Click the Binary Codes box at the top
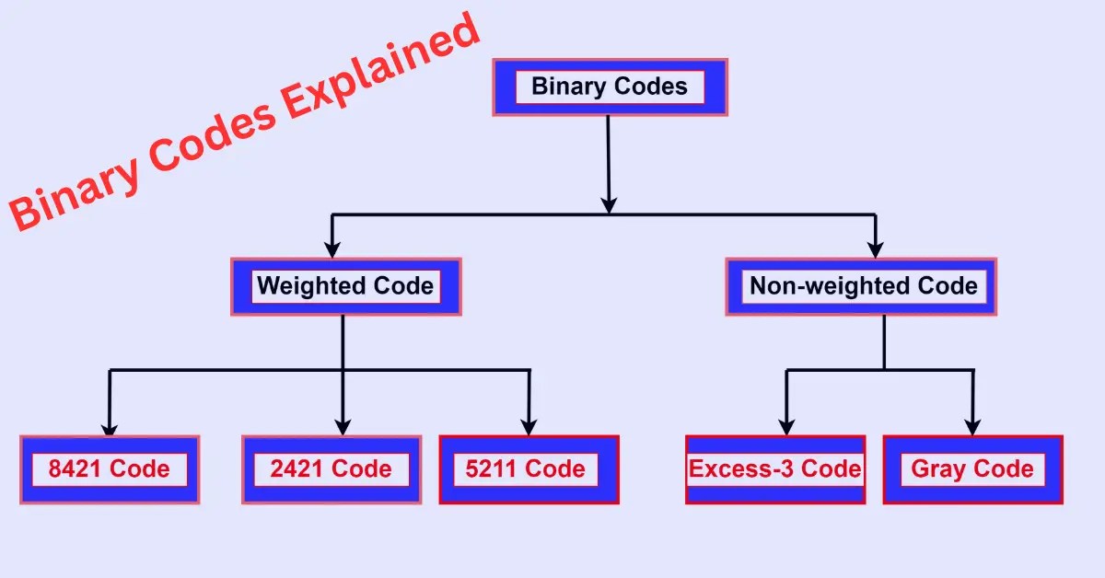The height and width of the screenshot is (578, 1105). pos(610,87)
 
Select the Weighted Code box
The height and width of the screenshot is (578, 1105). pos(345,286)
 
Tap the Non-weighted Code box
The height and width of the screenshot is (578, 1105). pos(862,286)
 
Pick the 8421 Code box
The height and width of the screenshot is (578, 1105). pos(110,469)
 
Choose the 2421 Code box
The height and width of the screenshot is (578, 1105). pos(331,469)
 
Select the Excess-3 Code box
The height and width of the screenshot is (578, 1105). pos(775,469)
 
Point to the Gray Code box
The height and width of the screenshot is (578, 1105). pos(972,469)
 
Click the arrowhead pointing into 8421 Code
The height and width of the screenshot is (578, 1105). pos(110,429)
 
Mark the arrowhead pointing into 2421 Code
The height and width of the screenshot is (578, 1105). pos(343,427)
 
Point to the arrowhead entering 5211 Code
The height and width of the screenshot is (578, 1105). pos(529,427)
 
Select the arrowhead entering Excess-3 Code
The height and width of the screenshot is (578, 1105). pos(785,427)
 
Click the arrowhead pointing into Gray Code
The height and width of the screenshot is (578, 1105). pos(973,427)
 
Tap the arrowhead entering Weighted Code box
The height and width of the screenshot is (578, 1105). pos(333,249)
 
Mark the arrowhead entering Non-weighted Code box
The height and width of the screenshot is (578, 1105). pos(876,249)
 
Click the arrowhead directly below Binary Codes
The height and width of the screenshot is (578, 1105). pos(608,203)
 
